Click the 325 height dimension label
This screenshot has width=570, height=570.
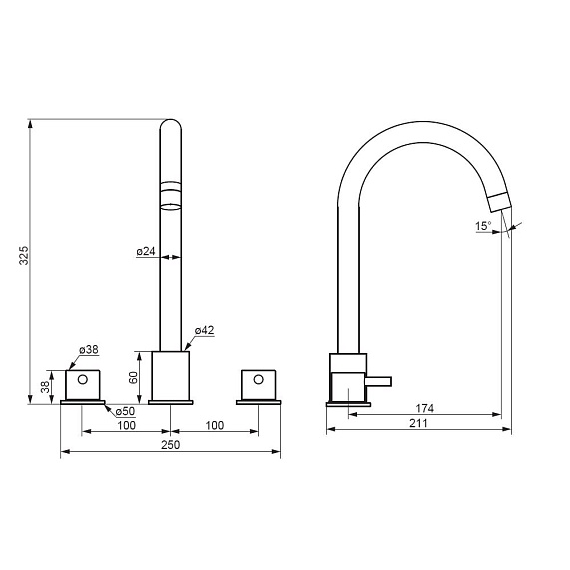click(x=24, y=255)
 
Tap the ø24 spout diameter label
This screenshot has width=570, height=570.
click(x=146, y=251)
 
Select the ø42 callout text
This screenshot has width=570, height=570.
click(x=204, y=330)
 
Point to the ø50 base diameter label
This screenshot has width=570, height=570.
click(x=125, y=411)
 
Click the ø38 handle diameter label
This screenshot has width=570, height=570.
click(x=89, y=350)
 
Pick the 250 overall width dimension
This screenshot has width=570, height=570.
click(x=170, y=445)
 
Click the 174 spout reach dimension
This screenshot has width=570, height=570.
click(x=425, y=408)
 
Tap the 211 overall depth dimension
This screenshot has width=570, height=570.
click(x=419, y=423)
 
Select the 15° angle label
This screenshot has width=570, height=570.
click(x=483, y=226)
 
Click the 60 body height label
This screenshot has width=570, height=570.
click(x=134, y=377)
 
